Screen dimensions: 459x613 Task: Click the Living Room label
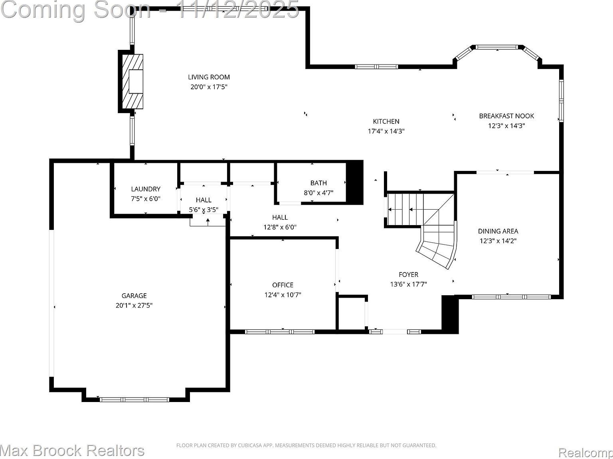tap(209, 77)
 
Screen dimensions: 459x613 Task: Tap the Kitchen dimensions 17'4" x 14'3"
tap(386, 131)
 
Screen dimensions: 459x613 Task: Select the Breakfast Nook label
tap(506, 116)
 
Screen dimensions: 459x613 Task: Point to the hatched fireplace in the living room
tap(132, 82)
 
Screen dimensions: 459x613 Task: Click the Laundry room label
tap(146, 189)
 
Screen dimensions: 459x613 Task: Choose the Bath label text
tap(318, 183)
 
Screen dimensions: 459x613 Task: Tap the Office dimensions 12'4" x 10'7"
tap(283, 295)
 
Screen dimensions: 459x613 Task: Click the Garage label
tap(134, 296)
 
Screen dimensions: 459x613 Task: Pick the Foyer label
tap(408, 275)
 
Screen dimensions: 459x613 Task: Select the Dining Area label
tap(498, 231)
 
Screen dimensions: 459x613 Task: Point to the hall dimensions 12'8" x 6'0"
tap(280, 227)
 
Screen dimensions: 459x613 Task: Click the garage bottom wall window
tap(134, 399)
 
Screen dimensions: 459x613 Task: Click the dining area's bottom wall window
tap(511, 296)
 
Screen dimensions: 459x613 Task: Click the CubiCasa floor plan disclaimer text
tap(306, 445)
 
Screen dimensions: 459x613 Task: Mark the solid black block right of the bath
tap(354, 182)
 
